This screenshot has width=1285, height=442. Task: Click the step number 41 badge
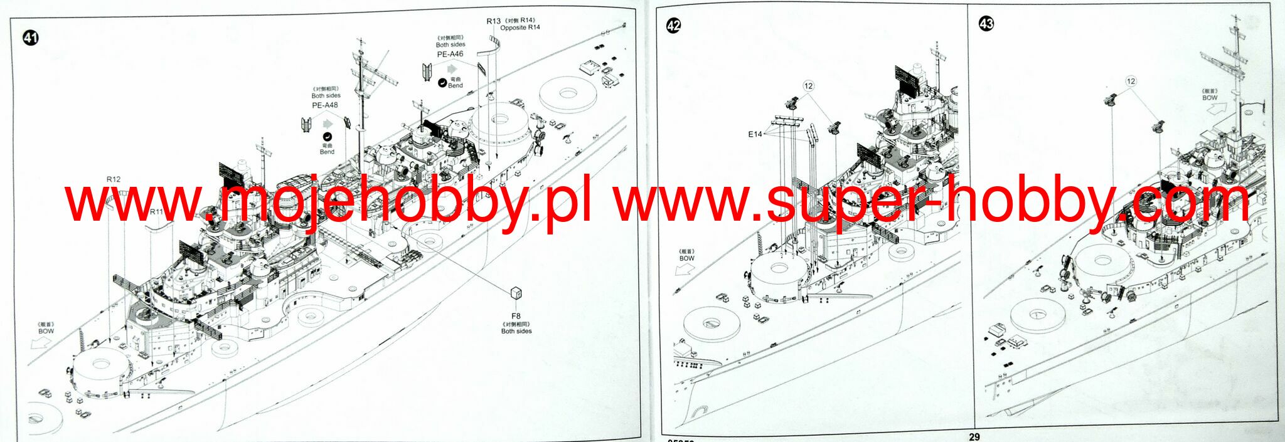(x=30, y=38)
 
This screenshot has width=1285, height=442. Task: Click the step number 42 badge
(x=673, y=26)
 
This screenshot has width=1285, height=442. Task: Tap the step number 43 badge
(x=986, y=24)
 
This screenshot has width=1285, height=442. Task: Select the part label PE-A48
(x=324, y=105)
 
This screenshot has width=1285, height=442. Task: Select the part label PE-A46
(x=450, y=54)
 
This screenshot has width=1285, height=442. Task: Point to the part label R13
(x=493, y=21)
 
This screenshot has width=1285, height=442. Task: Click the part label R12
(x=113, y=179)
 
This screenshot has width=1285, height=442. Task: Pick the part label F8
(x=516, y=316)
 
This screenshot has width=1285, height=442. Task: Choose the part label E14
(x=754, y=134)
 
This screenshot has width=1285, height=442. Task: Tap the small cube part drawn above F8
(x=516, y=292)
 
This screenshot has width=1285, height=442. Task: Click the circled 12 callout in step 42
(x=808, y=86)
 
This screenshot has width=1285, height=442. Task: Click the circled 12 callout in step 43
(x=1131, y=82)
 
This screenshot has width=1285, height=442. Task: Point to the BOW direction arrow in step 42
(x=685, y=269)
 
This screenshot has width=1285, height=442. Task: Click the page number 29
(x=974, y=436)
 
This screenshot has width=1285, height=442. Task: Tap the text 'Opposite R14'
(x=520, y=28)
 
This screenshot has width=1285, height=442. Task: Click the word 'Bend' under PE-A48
(x=327, y=152)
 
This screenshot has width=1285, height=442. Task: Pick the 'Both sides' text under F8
(x=516, y=331)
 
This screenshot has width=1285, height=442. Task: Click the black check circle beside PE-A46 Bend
(x=442, y=82)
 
